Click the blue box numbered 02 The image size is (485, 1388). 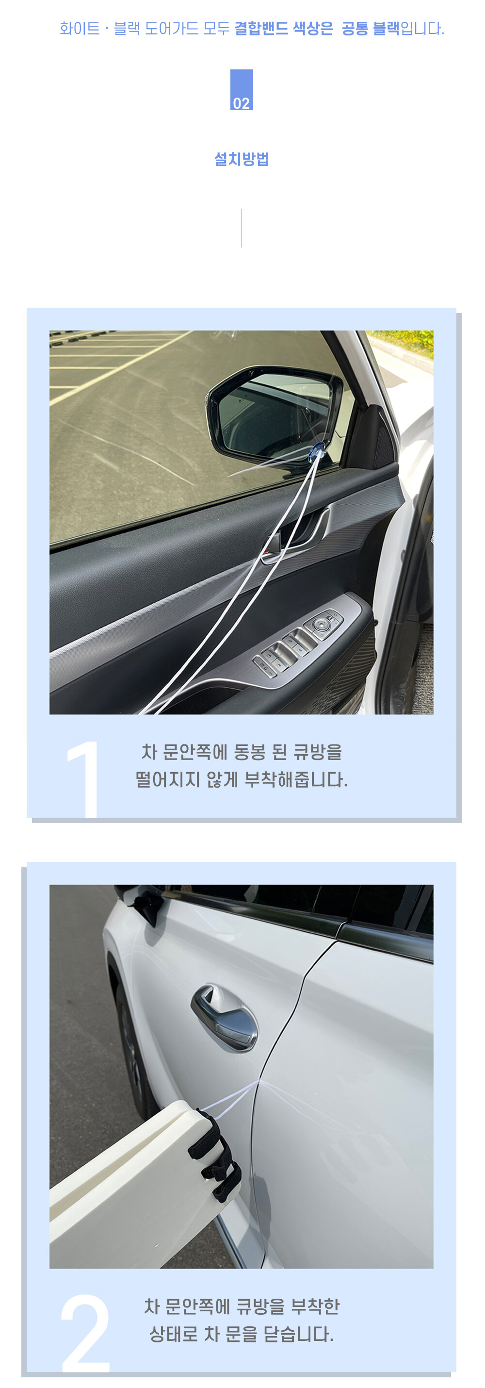[242, 90]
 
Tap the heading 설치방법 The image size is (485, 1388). [242, 159]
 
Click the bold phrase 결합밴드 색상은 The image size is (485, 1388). [284, 28]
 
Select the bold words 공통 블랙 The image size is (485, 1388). [371, 28]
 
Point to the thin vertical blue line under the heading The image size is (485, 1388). [242, 229]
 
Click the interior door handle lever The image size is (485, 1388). [291, 539]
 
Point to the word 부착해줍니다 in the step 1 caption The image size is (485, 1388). [295, 780]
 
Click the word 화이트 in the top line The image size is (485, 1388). [80, 28]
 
